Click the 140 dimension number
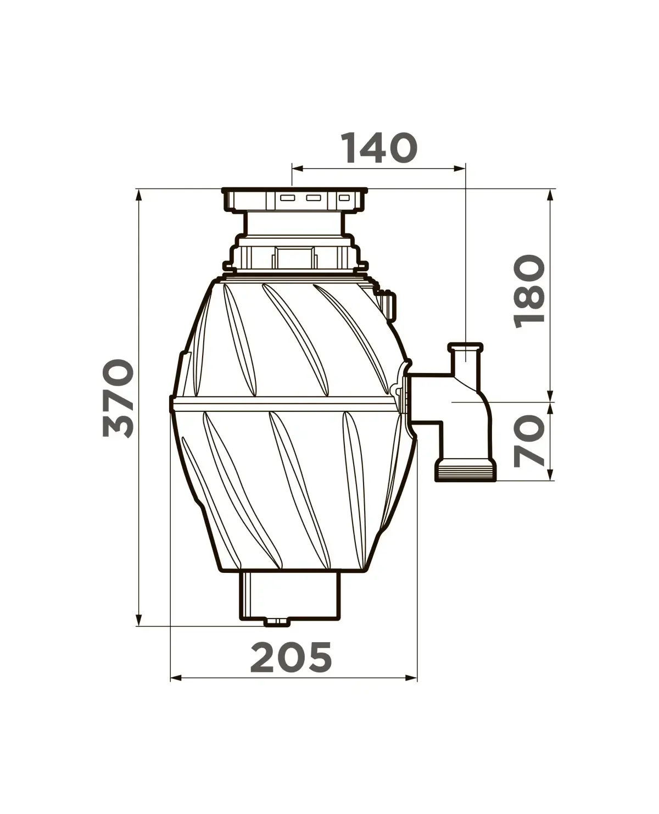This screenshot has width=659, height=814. (378, 148)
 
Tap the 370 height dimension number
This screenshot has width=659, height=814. (119, 398)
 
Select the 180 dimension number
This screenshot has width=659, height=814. (529, 292)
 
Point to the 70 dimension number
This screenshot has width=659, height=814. (529, 441)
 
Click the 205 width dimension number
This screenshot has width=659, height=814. (291, 657)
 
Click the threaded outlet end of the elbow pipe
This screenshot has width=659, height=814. (466, 471)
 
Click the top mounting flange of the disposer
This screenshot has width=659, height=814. (294, 199)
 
